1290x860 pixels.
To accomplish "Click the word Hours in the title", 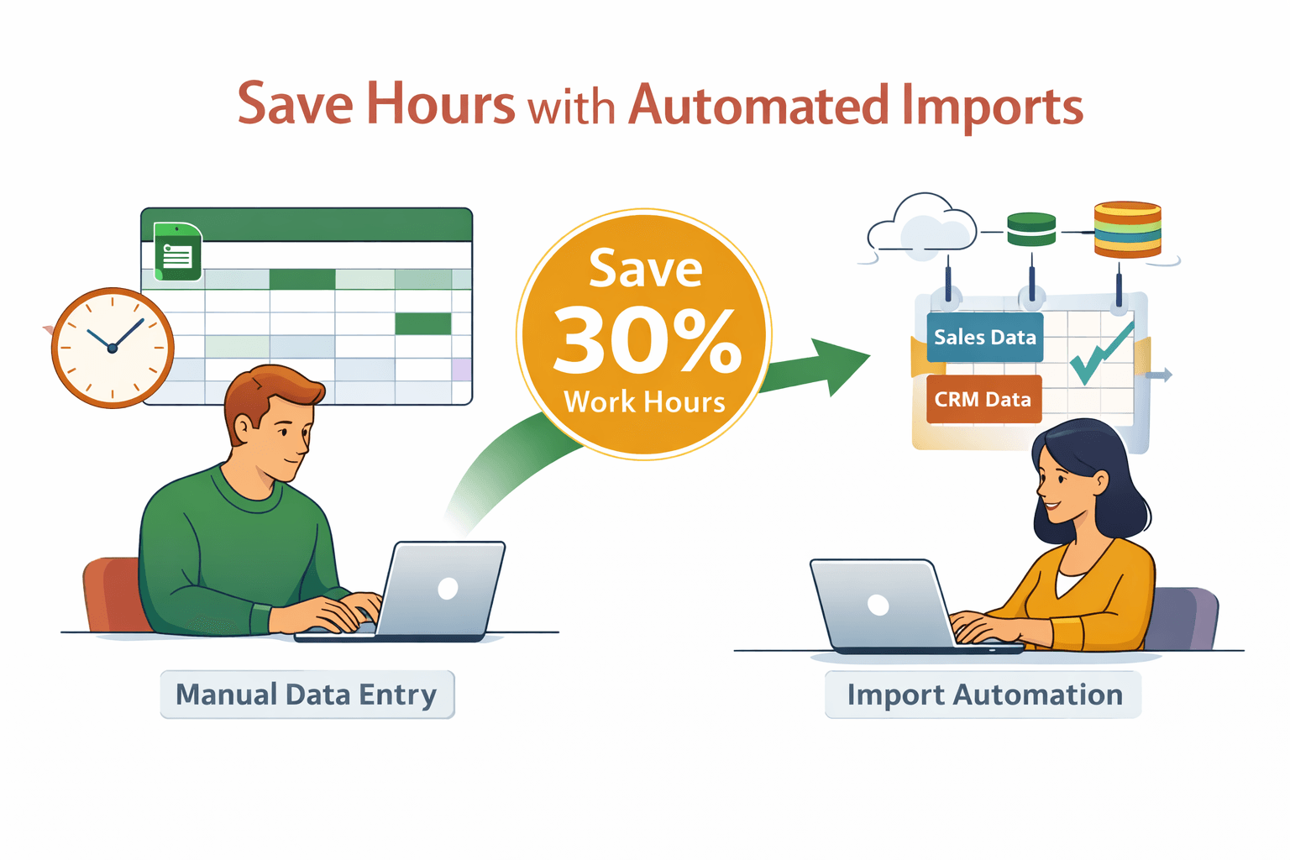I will point(440,105).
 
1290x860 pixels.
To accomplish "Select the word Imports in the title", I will point(992,107).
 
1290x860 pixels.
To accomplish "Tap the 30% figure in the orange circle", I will point(646,340).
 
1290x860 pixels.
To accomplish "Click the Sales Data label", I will point(984,338).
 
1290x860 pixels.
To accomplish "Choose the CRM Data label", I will point(983,400).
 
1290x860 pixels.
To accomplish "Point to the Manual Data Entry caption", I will point(307,695).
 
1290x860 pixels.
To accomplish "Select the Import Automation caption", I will point(983,695).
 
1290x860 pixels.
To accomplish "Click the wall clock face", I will point(113,348).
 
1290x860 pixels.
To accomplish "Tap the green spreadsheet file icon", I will point(177,251).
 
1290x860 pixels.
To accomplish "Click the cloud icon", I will point(922,225).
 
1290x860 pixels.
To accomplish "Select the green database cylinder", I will point(1030,229).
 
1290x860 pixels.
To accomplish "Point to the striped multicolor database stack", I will point(1127,228).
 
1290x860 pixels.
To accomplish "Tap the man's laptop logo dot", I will point(448,589).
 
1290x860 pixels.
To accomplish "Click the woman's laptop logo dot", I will point(878,605).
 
